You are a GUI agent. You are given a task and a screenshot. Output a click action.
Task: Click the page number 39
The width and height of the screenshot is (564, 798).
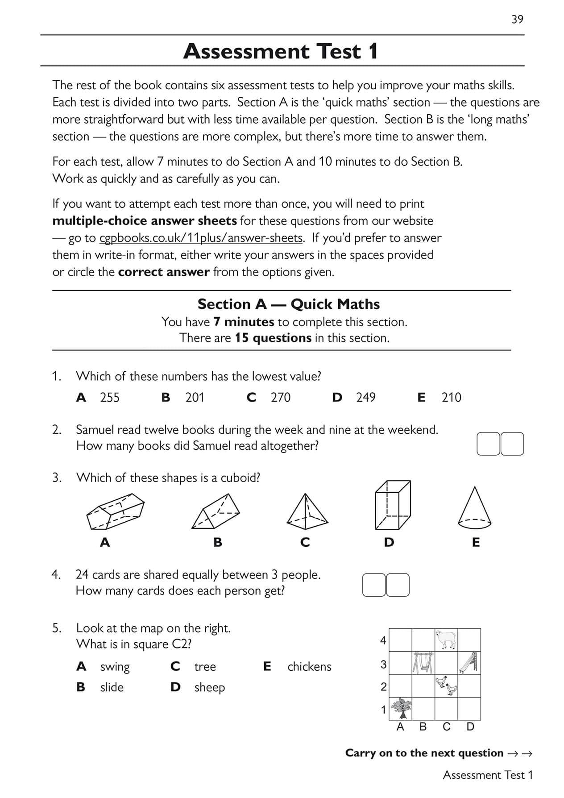tap(517, 19)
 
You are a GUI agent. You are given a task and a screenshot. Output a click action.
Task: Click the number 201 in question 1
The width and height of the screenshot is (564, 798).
tap(195, 397)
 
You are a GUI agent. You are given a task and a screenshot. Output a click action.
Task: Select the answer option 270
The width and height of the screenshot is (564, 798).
tap(280, 397)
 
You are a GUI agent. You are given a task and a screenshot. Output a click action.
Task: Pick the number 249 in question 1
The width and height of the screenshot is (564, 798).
tap(365, 397)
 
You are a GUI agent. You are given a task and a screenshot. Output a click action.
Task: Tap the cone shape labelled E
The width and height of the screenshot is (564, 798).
tap(474, 507)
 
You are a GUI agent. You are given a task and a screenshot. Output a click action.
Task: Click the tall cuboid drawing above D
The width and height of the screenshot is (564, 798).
tap(392, 504)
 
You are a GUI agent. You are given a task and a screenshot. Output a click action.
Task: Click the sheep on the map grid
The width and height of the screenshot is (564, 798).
tap(446, 639)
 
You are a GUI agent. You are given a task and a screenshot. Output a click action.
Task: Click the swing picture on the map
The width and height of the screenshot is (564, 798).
tap(423, 662)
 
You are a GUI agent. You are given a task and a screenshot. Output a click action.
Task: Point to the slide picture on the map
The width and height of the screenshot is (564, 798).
tap(469, 662)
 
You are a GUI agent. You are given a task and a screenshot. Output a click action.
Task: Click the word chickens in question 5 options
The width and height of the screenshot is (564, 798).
tap(309, 667)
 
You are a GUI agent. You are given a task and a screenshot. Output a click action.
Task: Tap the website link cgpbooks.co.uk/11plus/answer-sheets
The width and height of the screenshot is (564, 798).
tap(201, 238)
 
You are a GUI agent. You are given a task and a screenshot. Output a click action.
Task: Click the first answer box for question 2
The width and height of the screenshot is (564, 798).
tap(488, 444)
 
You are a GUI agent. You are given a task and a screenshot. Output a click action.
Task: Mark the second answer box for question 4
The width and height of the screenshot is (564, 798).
tap(398, 585)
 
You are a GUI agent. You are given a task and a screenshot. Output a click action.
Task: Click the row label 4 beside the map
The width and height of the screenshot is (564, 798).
tap(383, 640)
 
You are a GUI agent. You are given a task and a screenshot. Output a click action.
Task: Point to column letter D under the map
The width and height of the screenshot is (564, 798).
tap(470, 727)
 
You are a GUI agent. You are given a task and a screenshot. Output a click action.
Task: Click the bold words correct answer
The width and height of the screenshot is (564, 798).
tap(164, 272)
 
